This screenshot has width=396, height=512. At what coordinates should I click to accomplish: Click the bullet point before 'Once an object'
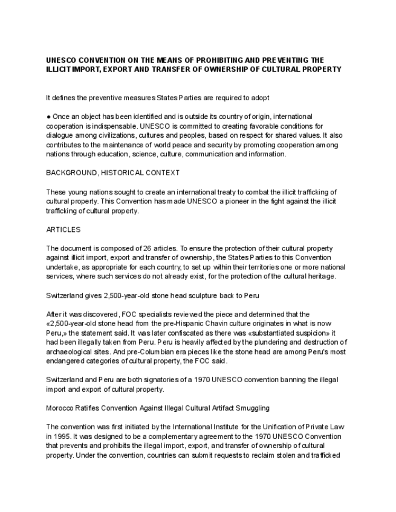click(48, 117)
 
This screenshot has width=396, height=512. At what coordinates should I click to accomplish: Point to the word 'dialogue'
click(60, 135)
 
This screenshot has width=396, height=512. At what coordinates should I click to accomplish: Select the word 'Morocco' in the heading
click(59, 408)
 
